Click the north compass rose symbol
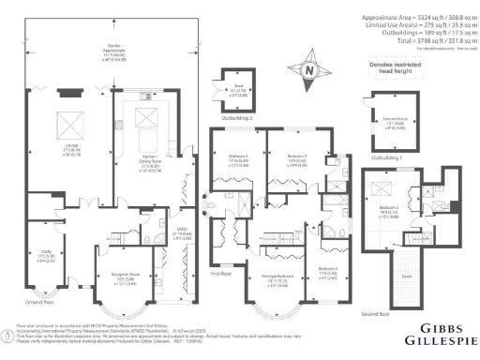coord(311,68)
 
